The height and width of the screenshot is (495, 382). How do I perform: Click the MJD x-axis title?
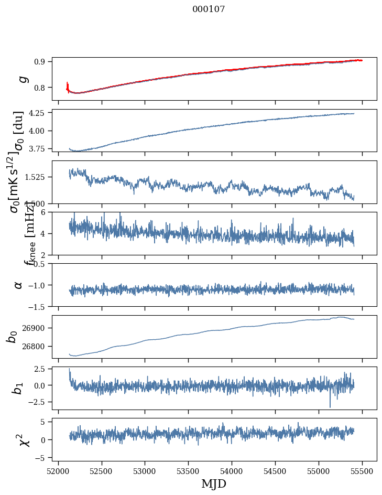(214, 483)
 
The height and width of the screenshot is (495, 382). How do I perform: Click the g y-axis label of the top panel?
(22, 79)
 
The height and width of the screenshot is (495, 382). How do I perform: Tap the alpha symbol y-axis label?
(19, 285)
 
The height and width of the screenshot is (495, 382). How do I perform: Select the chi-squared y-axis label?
(23, 440)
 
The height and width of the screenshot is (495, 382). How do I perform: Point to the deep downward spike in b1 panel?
(330, 405)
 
